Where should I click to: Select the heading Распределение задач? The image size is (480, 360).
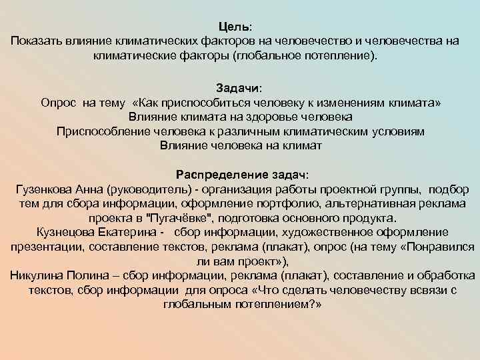tap(242, 174)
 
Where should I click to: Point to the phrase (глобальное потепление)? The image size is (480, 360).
tap(304, 56)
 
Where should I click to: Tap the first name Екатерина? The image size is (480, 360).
tap(129, 232)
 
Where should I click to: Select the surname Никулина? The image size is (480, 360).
tap(37, 276)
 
